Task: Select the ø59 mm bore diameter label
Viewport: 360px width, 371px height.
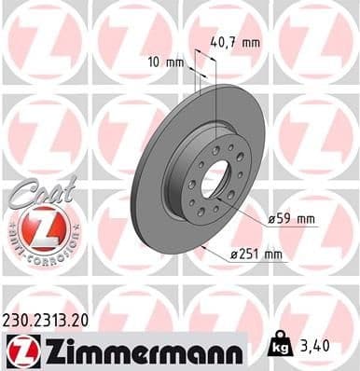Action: pos(292,218)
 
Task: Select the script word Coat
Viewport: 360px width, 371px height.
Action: pos(35,188)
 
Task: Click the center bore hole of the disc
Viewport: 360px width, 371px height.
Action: pos(214,176)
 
